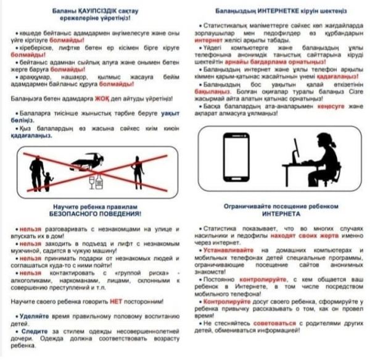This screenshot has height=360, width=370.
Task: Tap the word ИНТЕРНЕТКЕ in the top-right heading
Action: [x=271, y=12]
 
